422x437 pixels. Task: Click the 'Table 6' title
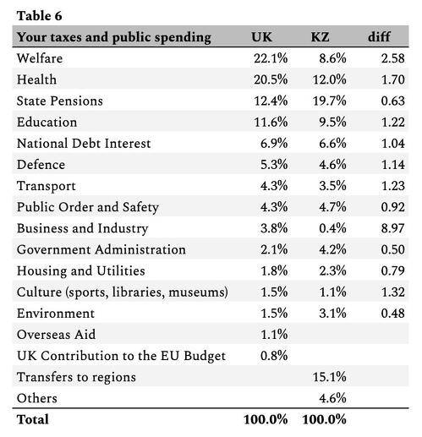coord(39,16)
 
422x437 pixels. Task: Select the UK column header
coord(261,37)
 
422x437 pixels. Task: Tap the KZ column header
coord(320,37)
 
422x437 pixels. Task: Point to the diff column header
coord(379,36)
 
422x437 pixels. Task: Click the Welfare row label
coord(40,58)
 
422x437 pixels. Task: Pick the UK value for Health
coord(271,79)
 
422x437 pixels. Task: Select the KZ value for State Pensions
coord(330,101)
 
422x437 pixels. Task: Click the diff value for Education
coord(393,122)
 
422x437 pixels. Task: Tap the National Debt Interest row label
coord(84,144)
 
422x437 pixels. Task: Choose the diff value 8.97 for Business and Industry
coord(393,228)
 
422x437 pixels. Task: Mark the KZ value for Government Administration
coord(332,249)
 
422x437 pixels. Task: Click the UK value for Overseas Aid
coord(274,335)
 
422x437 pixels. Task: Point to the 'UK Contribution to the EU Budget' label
coord(121,356)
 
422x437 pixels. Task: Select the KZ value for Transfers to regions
coord(330,377)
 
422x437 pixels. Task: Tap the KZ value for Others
coord(332,398)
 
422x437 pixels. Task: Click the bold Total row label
coord(33,419)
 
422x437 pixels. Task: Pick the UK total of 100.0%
coord(266,419)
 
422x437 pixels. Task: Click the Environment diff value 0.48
coord(393,314)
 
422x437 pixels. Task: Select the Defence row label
coord(41,165)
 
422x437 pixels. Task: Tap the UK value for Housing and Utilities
coord(274,270)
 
